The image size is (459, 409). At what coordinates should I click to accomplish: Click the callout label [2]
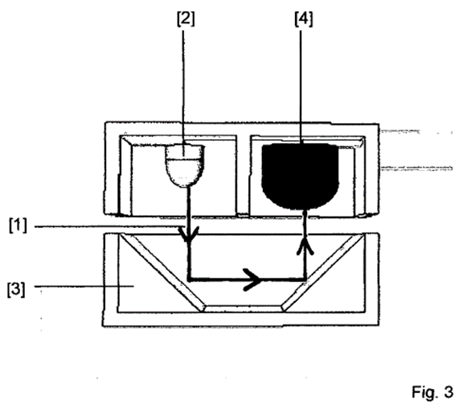[186, 19]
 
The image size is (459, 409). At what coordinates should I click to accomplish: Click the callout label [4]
[304, 19]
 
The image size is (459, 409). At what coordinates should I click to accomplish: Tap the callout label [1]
[18, 225]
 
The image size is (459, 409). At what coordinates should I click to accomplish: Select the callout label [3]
[16, 289]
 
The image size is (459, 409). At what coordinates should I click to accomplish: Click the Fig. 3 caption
[432, 392]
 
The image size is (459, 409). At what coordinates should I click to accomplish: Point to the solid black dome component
[301, 176]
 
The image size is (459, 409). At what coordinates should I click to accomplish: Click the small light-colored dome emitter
[184, 166]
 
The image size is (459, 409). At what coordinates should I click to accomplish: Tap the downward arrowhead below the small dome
[189, 234]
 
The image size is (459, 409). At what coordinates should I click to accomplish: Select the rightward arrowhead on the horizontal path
[253, 279]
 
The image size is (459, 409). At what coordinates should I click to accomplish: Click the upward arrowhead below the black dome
[305, 246]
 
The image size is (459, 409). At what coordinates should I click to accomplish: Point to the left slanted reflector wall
[162, 272]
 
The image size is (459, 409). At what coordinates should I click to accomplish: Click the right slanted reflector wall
[323, 272]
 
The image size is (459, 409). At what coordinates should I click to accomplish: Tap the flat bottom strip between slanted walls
[243, 308]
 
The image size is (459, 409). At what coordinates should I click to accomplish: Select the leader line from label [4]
[301, 87]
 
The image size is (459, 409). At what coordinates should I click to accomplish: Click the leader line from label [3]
[84, 286]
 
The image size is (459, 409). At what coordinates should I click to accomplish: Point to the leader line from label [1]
[109, 226]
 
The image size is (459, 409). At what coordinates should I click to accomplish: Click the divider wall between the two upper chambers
[243, 176]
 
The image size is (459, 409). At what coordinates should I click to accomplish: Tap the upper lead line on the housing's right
[400, 131]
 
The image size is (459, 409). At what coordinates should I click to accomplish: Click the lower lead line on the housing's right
[416, 168]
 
